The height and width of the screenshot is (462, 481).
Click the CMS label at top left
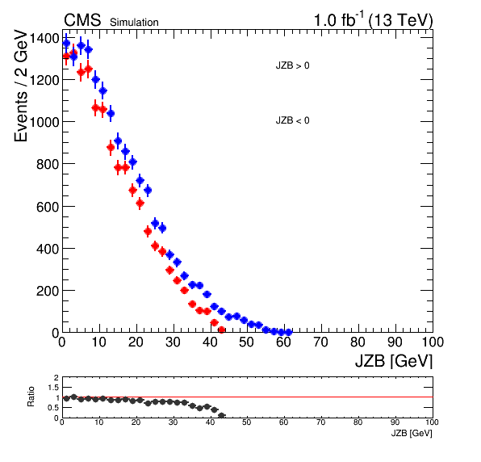pyautogui.click(x=82, y=20)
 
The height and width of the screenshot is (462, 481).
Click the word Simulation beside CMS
pyautogui.click(x=134, y=23)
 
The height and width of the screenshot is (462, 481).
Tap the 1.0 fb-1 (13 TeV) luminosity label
pyautogui.click(x=373, y=19)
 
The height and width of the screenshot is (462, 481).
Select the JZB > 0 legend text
pyautogui.click(x=292, y=65)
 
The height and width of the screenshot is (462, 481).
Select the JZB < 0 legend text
pyautogui.click(x=292, y=120)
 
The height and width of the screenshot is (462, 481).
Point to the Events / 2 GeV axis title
pyautogui.click(x=21, y=86)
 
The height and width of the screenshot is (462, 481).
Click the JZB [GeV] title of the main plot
pyautogui.click(x=394, y=361)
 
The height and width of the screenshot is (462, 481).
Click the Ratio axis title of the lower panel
pyautogui.click(x=31, y=397)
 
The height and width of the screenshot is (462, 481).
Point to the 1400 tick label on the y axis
pyautogui.click(x=48, y=39)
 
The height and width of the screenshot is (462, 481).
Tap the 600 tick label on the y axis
pyautogui.click(x=48, y=208)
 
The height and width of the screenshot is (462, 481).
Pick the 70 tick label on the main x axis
pyautogui.click(x=321, y=342)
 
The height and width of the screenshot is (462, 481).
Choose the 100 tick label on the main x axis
pyautogui.click(x=433, y=342)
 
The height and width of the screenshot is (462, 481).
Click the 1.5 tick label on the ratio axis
pyautogui.click(x=53, y=388)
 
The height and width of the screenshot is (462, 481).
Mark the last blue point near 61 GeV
pyautogui.click(x=288, y=332)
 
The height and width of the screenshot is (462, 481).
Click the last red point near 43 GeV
pyautogui.click(x=221, y=330)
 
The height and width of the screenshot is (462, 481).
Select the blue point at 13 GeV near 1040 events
pyautogui.click(x=111, y=114)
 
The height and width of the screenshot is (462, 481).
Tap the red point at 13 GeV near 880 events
pyautogui.click(x=111, y=148)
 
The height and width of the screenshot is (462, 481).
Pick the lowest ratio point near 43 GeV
pyautogui.click(x=221, y=416)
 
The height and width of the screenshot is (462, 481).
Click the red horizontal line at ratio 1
pyautogui.click(x=248, y=397)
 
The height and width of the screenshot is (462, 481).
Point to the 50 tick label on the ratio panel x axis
pyautogui.click(x=247, y=422)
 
